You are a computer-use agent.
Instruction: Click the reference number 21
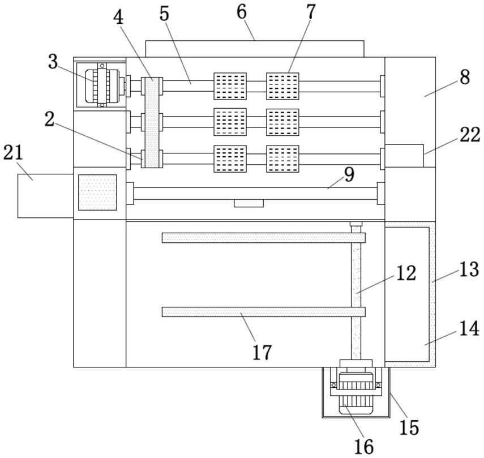pyautogui.click(x=13, y=153)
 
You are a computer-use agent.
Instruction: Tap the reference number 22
pyautogui.click(x=470, y=135)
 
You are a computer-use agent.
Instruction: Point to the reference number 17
pyautogui.click(x=262, y=352)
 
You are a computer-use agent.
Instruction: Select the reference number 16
pyautogui.click(x=364, y=446)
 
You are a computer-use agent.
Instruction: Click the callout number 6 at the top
pyautogui.click(x=242, y=12)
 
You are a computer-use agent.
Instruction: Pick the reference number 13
pyautogui.click(x=469, y=269)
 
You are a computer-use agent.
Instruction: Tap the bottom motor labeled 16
pyautogui.click(x=356, y=391)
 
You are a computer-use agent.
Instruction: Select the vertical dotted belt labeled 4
pyautogui.click(x=152, y=122)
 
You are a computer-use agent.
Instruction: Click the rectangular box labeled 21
pyautogui.click(x=45, y=196)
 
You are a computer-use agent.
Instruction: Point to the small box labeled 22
pyautogui.click(x=404, y=156)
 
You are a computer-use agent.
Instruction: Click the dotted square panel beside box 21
pyautogui.click(x=97, y=192)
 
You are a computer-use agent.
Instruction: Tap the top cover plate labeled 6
pyautogui.click(x=255, y=49)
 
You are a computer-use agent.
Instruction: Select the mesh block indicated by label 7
pyautogui.click(x=282, y=86)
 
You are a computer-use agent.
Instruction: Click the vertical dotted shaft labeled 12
pyautogui.click(x=356, y=292)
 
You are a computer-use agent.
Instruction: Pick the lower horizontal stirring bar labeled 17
pyautogui.click(x=264, y=312)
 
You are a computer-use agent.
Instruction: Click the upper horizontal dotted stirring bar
pyautogui.click(x=264, y=238)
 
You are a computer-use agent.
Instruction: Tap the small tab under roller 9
pyautogui.click(x=249, y=203)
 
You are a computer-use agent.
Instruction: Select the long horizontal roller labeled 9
pyautogui.click(x=255, y=193)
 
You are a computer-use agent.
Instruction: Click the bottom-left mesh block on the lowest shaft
pyautogui.click(x=230, y=159)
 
